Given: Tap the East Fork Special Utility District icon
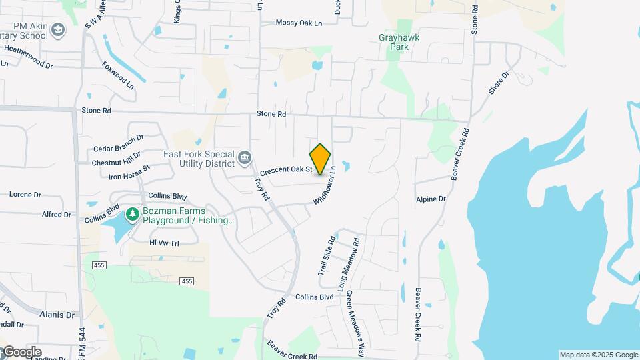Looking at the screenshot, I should point(245,158).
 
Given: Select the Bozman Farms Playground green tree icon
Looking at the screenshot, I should point(133,213).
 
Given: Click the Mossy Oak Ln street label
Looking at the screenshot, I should point(299,23).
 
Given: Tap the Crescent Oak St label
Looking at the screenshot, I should point(286,170).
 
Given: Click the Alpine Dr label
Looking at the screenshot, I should point(431,199).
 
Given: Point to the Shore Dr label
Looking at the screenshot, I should point(498,83).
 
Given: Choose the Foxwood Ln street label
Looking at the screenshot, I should point(118,75).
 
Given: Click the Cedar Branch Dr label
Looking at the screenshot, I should point(119,143).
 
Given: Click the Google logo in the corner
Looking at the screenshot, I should point(21,352).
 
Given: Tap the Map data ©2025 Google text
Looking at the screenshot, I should point(599,355).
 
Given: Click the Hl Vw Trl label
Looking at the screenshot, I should point(165,243).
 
